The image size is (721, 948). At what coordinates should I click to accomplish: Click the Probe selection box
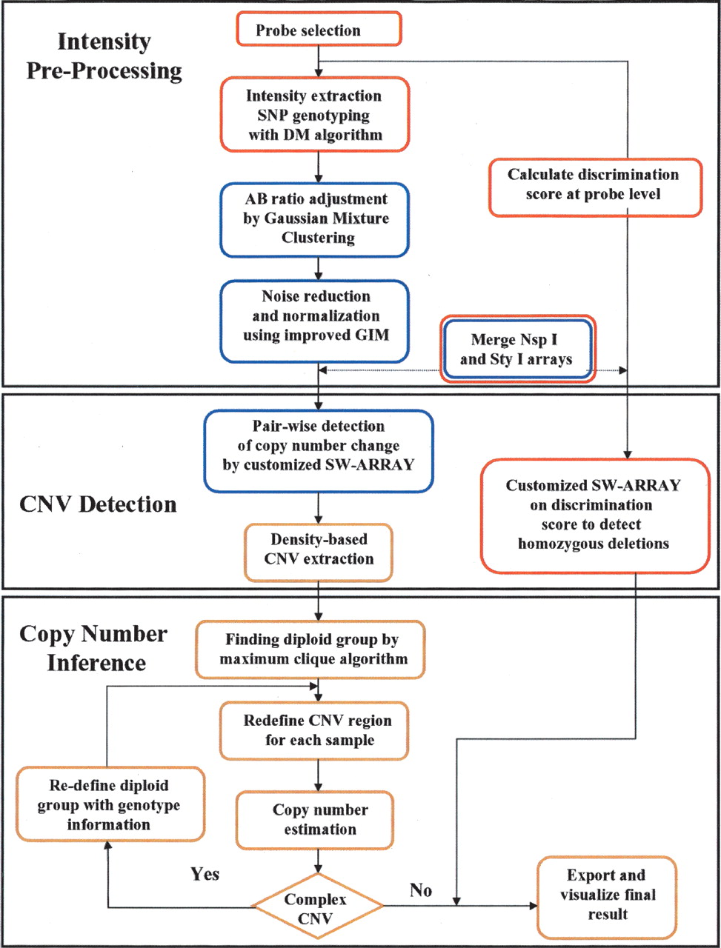point(319,29)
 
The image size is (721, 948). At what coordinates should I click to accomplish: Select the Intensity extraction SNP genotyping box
point(315,115)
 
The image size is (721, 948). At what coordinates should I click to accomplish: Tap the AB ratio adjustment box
point(314,220)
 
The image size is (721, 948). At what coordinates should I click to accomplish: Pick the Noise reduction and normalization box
point(314,321)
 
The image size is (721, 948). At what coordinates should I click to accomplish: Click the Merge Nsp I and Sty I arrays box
point(517,349)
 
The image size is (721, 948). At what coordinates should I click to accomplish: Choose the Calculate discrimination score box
point(595,187)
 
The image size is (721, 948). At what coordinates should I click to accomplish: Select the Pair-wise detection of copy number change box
point(319,451)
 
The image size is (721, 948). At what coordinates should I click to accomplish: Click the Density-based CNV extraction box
point(319,553)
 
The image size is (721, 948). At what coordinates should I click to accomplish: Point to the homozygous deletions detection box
point(595,516)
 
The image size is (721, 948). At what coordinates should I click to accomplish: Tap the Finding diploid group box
point(310,650)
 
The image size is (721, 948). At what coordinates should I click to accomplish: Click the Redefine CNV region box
point(314,731)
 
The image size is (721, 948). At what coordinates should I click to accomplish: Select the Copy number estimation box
point(315,820)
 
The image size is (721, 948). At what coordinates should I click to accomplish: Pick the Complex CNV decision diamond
point(317,906)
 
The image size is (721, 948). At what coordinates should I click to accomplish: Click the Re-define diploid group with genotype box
point(110,804)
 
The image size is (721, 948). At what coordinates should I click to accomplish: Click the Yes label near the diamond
point(205,874)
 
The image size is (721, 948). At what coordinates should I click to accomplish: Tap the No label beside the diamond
point(420,890)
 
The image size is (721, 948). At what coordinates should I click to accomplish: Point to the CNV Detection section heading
point(98,504)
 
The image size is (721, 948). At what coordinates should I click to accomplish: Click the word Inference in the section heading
point(96,663)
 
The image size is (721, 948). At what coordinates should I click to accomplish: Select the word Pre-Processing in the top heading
point(104,71)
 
